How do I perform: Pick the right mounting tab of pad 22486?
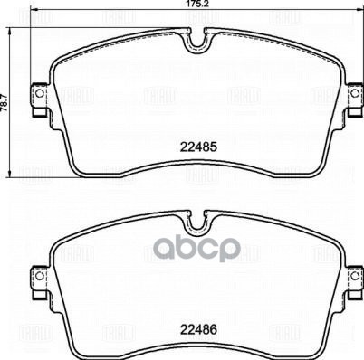[x=350, y=278]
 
